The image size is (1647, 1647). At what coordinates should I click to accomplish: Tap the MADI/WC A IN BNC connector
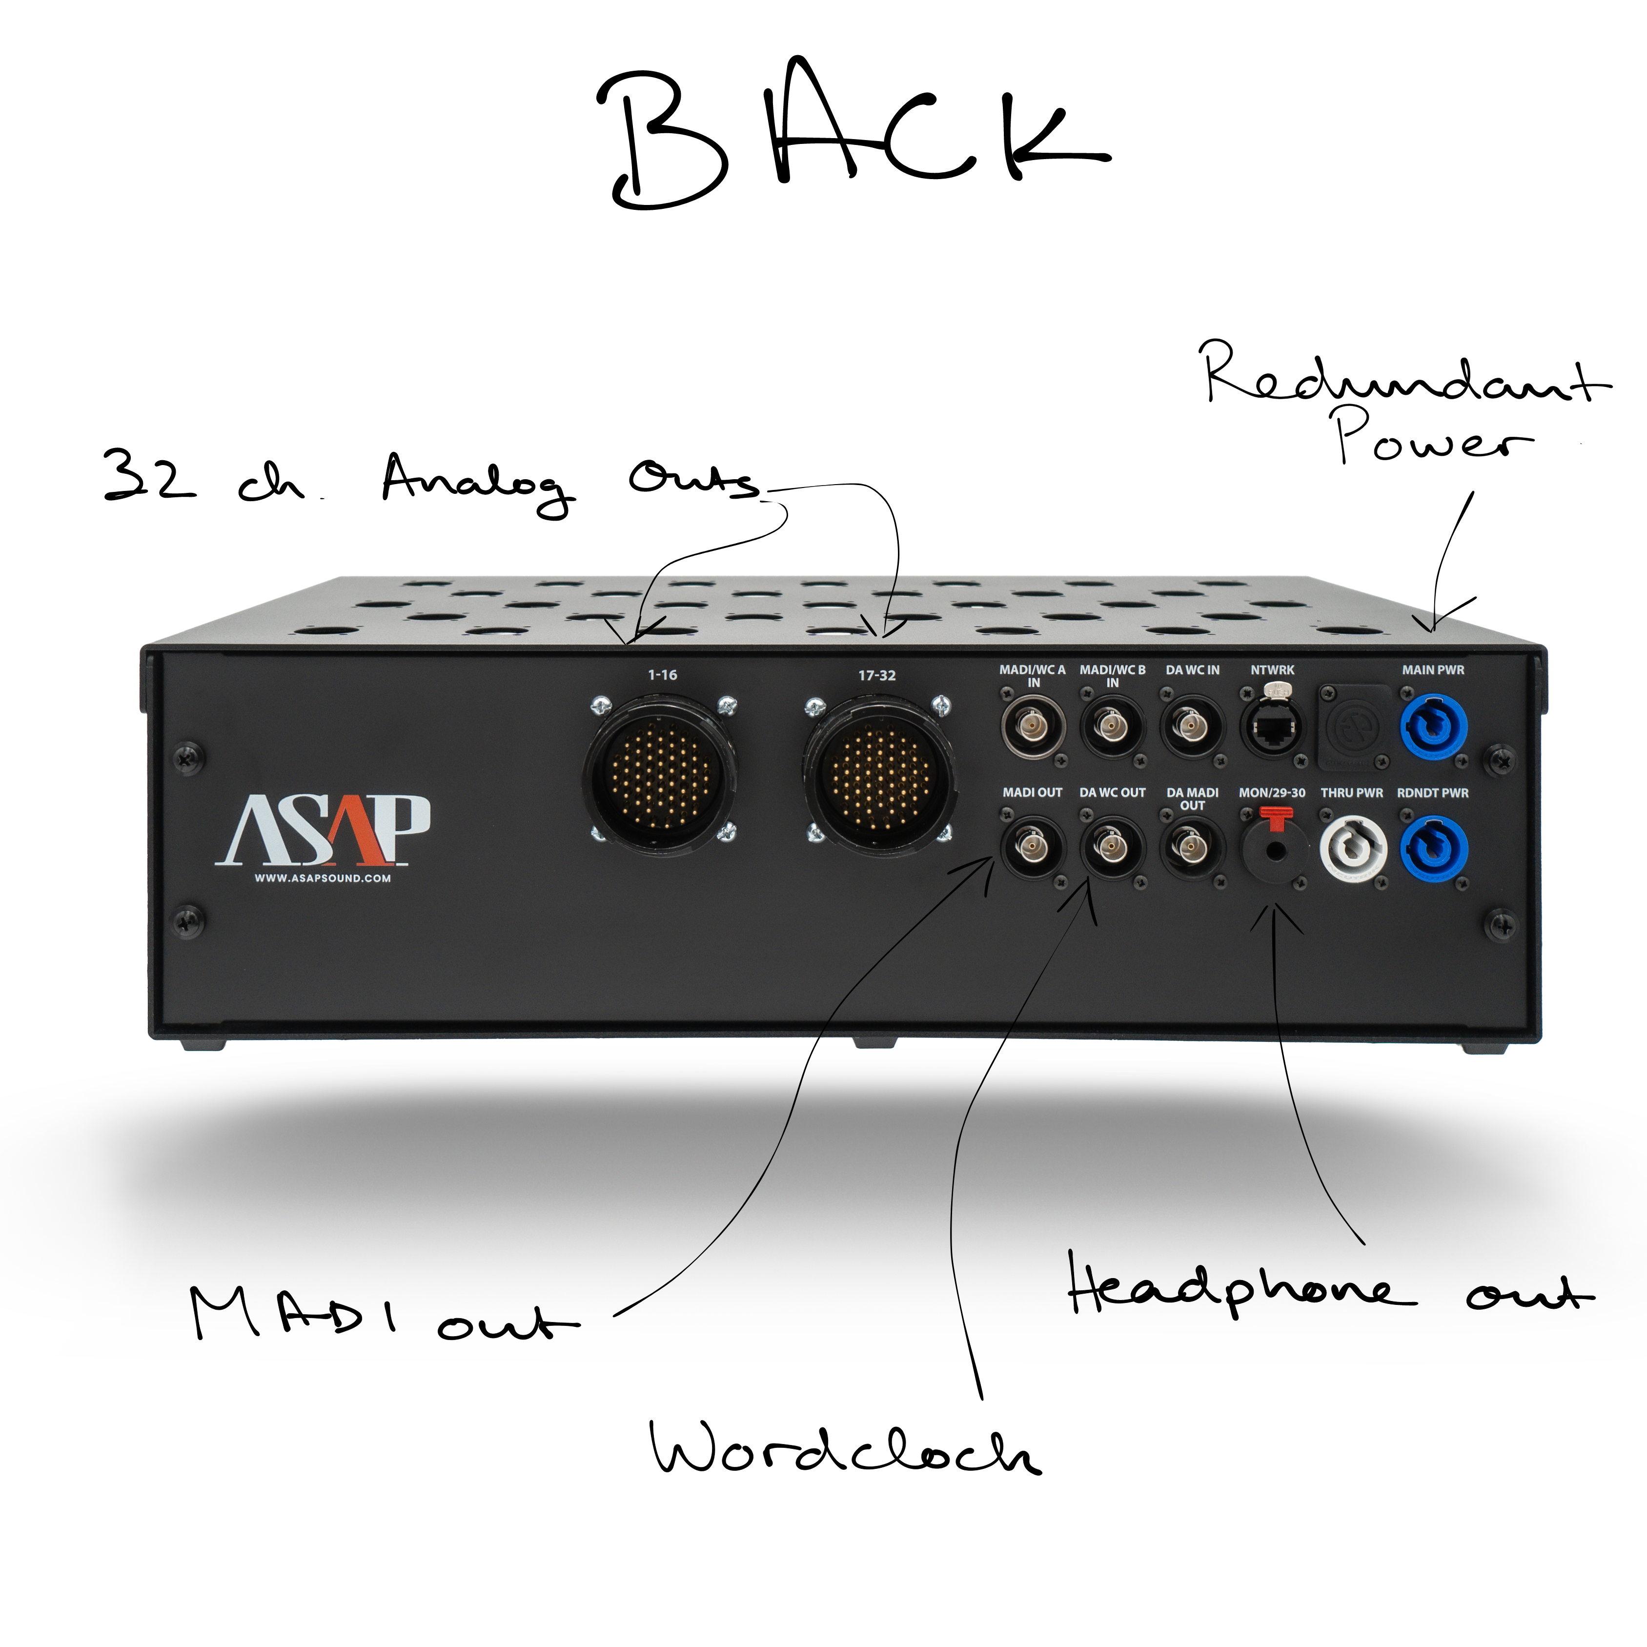point(1032,726)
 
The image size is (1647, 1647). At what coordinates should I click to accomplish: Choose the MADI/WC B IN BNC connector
point(1112,726)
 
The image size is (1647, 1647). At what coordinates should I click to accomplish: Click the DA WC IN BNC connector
point(1192,726)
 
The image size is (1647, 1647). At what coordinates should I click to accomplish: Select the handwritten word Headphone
point(1240,1292)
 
